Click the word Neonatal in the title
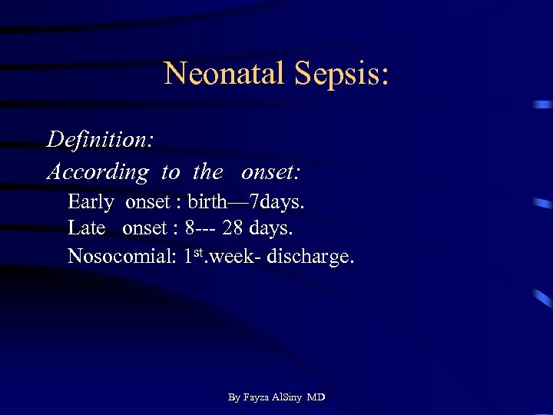tap(220, 74)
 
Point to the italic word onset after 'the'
tap(270, 172)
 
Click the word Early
tap(91, 203)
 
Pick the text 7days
tap(282, 203)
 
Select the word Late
tap(86, 229)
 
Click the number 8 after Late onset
tap(190, 229)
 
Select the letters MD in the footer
tap(316, 397)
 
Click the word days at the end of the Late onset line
tap(276, 229)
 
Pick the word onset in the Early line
tap(147, 203)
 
